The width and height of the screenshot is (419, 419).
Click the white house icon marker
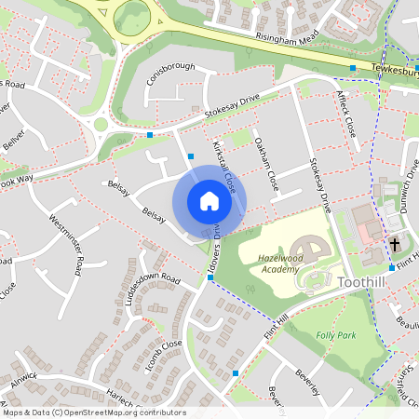click(209, 201)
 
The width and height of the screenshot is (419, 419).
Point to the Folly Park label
click(336, 334)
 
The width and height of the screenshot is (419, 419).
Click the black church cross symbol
click(395, 245)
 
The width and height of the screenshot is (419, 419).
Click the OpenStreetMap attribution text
click(94, 412)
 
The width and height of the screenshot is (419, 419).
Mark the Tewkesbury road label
click(395, 71)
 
